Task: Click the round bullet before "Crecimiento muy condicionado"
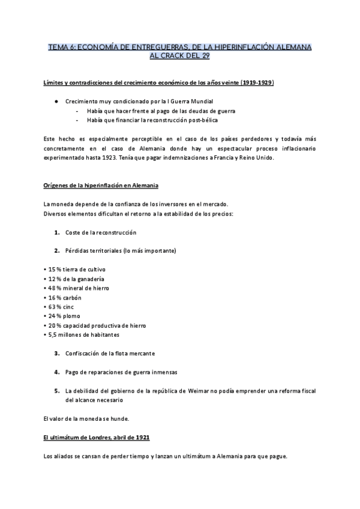[55, 101]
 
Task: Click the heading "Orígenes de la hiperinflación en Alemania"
[101, 186]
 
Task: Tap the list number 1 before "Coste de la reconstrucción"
[56, 232]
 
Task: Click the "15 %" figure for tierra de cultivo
[55, 269]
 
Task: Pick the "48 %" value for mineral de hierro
[55, 288]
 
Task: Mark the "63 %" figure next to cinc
[55, 307]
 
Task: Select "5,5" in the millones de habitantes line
[53, 334]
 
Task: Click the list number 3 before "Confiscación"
[56, 353]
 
